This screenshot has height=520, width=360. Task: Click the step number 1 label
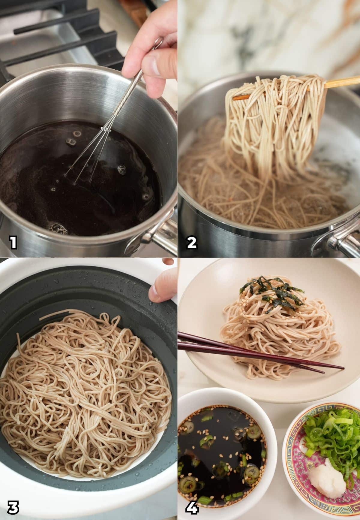pos(13,243)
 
